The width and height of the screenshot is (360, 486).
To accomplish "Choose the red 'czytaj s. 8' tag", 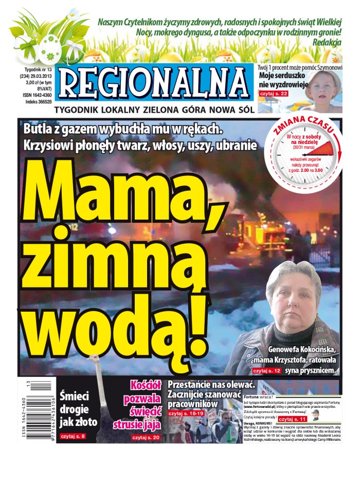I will click(x=73, y=436).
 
